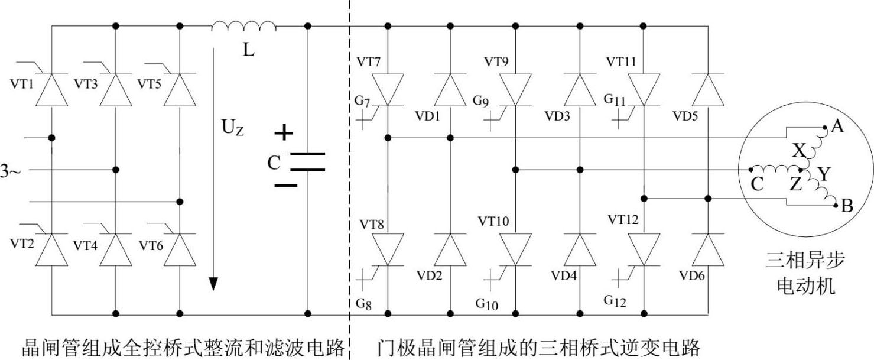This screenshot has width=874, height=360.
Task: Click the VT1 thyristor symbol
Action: (51, 90)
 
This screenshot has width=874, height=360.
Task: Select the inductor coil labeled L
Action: (244, 26)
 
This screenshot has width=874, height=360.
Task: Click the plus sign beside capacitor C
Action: (284, 134)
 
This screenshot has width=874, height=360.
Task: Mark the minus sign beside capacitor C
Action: (285, 185)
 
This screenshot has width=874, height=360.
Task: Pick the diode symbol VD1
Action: (450, 90)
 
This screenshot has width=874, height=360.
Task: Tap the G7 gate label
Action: (363, 102)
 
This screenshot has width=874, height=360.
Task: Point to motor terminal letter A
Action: (837, 125)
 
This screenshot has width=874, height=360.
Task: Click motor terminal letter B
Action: (846, 207)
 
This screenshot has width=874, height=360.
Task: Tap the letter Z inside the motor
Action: (796, 184)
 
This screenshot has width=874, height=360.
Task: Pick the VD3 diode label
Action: (558, 116)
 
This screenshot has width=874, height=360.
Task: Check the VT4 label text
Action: (85, 245)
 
